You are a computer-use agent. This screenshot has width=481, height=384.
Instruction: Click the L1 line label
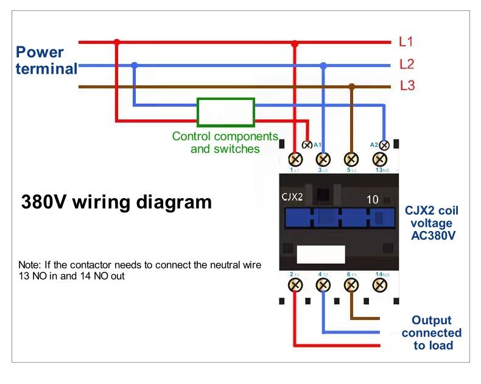(406, 42)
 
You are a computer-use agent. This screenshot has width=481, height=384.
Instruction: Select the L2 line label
(407, 64)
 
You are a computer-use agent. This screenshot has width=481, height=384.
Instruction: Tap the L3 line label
(407, 86)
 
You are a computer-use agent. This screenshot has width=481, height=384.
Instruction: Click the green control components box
(225, 112)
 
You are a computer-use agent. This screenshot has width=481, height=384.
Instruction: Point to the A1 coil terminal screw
(307, 145)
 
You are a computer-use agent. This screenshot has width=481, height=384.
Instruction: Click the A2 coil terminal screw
(384, 145)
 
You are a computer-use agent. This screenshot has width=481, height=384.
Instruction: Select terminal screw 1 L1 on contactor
(296, 159)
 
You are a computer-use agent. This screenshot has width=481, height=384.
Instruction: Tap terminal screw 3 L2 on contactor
(324, 159)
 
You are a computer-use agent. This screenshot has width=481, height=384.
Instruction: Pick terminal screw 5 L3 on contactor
(351, 159)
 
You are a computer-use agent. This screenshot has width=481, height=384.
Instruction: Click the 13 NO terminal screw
(379, 159)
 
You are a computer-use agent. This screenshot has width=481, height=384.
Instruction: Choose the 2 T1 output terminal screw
(296, 284)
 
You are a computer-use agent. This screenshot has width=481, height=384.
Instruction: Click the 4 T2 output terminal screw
(324, 284)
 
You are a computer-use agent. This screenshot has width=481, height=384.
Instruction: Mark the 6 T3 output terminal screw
(351, 284)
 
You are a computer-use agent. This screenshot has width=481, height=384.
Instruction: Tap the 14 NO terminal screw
(379, 284)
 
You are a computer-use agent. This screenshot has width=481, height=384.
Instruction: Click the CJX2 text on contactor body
(293, 197)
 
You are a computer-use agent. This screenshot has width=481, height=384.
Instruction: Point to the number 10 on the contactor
(372, 199)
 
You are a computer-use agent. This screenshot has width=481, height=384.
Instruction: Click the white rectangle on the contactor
(321, 254)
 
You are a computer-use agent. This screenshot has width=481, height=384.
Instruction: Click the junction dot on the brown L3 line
(351, 87)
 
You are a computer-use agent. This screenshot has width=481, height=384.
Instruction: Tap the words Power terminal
(46, 60)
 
